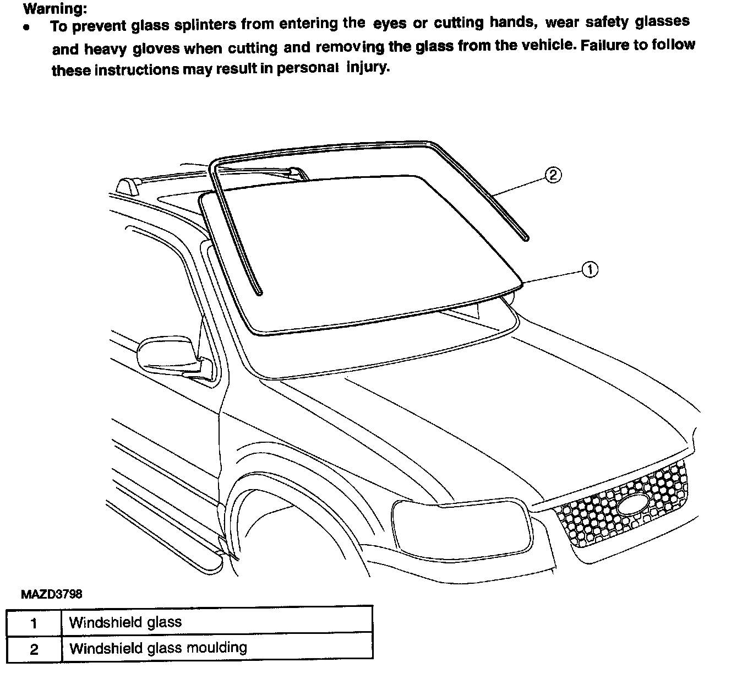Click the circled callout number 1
tap(590, 269)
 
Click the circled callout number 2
tap(553, 175)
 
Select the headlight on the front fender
tap(461, 528)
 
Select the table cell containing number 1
tap(34, 623)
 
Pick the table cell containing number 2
tap(34, 649)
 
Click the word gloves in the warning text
tap(156, 48)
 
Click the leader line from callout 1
tap(553, 276)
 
